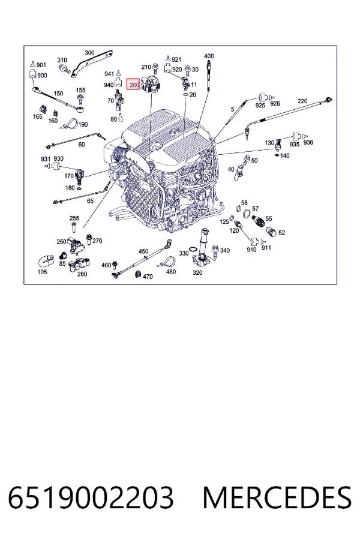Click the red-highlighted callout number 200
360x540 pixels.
(134, 85)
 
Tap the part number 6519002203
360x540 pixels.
(91, 497)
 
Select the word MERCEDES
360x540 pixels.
(277, 497)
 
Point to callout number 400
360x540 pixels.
(209, 56)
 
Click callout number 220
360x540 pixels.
(302, 101)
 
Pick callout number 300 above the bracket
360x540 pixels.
(89, 53)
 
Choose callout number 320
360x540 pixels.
(197, 273)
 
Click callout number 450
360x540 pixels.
(143, 251)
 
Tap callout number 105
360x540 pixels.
(42, 272)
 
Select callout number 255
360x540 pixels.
(74, 218)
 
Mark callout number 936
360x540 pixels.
(308, 142)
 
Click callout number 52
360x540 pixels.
(282, 232)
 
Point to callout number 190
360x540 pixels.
(83, 125)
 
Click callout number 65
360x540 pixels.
(90, 201)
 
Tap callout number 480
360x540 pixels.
(171, 272)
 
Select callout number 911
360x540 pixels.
(266, 248)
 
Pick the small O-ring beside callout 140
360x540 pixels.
(277, 155)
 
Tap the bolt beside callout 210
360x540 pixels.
(155, 68)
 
